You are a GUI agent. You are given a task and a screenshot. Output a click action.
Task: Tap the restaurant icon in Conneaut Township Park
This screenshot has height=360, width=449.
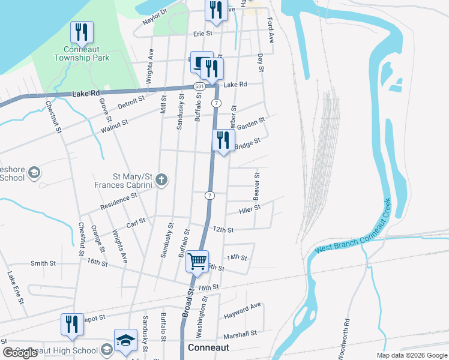pyautogui.click(x=82, y=32)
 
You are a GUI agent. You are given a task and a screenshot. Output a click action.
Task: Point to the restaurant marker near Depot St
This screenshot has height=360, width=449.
pyautogui.click(x=72, y=324)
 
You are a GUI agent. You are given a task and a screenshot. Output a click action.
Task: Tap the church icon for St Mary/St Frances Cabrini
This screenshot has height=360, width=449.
pyautogui.click(x=160, y=179)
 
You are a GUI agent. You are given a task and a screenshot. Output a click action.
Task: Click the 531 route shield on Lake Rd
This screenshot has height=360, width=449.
pyautogui.click(x=198, y=87)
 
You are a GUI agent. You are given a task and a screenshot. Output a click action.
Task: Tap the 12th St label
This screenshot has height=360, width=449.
pyautogui.click(x=223, y=230)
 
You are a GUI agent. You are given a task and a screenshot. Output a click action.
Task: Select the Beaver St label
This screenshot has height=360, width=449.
pyautogui.click(x=256, y=188)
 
